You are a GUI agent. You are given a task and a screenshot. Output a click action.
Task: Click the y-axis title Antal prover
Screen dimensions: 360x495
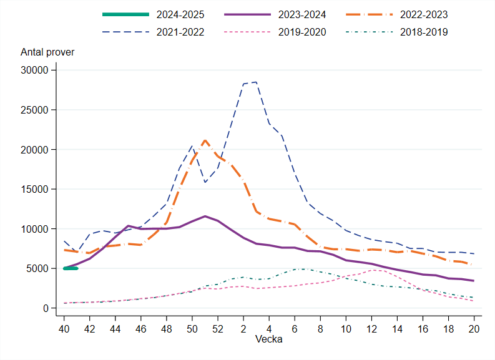click(47, 52)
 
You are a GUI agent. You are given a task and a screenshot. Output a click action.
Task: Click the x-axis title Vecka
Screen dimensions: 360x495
click(268, 339)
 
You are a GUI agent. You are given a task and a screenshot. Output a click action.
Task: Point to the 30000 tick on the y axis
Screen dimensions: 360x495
click(34, 71)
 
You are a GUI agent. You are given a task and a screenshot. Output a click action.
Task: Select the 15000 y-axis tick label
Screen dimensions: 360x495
click(34, 189)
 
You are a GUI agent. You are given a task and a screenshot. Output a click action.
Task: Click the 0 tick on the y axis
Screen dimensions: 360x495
click(46, 308)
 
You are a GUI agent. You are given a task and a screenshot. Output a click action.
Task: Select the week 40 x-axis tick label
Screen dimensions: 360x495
click(64, 328)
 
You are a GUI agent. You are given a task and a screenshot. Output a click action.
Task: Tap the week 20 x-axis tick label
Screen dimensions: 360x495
click(474, 328)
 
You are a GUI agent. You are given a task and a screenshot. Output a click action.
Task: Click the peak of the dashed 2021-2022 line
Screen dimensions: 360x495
click(256, 82)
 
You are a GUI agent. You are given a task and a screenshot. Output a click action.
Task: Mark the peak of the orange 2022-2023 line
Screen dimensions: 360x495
click(205, 140)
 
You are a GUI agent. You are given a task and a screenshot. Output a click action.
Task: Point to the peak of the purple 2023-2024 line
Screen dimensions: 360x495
click(205, 216)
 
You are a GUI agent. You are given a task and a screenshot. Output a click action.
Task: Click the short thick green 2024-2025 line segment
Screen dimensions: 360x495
click(70, 268)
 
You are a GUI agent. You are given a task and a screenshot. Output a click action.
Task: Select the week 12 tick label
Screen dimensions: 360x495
click(371, 328)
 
